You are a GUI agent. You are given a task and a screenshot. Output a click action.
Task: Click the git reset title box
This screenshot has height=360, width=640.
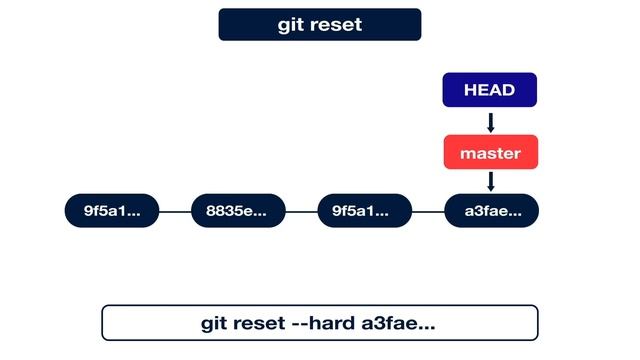(320, 25)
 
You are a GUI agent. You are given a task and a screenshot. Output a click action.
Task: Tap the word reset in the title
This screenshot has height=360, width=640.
(336, 25)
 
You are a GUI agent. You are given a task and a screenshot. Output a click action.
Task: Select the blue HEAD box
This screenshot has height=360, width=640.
(490, 90)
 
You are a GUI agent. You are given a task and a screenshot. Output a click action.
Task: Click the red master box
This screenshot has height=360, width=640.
(490, 154)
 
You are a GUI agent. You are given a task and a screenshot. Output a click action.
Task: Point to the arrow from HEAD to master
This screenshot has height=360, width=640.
(490, 122)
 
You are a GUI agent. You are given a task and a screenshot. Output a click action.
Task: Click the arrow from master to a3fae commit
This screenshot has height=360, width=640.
(490, 181)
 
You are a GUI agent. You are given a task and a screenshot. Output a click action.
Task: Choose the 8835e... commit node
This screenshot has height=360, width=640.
(237, 211)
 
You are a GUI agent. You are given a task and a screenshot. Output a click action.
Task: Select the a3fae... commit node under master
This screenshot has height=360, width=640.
(490, 211)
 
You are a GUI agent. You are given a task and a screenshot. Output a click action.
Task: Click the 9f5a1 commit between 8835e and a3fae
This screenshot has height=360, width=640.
(364, 211)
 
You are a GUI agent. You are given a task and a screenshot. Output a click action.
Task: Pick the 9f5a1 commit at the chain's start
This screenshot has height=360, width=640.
(111, 211)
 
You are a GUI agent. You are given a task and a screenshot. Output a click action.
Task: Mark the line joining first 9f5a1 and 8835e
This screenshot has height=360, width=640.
(174, 211)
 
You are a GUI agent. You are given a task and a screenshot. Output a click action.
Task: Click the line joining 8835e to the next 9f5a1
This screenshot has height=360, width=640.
(301, 211)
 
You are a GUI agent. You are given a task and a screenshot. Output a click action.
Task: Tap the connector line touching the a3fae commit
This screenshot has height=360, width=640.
(427, 211)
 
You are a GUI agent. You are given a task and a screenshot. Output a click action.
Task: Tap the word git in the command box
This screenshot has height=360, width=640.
(216, 324)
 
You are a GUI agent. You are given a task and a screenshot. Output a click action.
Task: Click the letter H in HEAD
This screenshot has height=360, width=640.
(469, 90)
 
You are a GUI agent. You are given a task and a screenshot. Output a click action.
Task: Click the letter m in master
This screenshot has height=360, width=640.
(467, 155)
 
